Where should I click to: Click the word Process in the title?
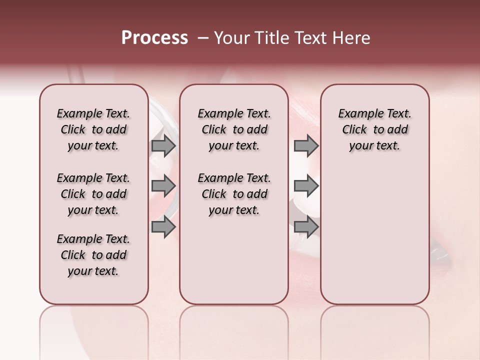[x=154, y=38]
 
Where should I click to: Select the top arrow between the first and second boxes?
[x=163, y=145]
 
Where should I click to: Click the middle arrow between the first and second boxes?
[x=163, y=186]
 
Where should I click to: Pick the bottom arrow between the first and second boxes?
[x=163, y=227]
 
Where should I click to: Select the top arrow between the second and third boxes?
[x=306, y=145]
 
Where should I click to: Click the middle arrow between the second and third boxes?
[x=306, y=186]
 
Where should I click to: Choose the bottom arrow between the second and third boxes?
[x=306, y=227]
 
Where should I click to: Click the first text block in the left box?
[x=93, y=129]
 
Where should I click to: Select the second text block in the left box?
[x=93, y=194]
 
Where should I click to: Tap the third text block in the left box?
[x=93, y=255]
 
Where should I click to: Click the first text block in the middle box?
[x=234, y=129]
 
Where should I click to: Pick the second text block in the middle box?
[x=234, y=194]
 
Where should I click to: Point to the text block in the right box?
[x=374, y=129]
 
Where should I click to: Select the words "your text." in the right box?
[x=374, y=146]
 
